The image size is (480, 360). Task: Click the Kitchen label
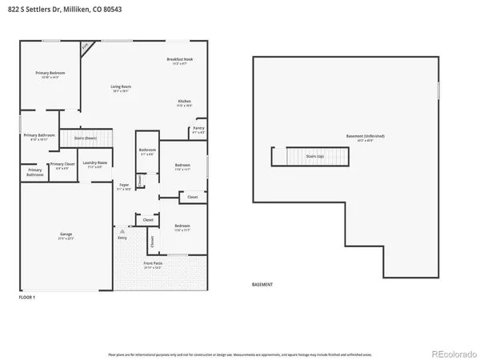coord(184,102)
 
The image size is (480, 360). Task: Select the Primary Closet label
coord(62,165)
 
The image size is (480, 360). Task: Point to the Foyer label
coord(123,187)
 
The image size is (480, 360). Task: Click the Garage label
coord(66,236)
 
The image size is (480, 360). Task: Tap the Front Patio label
coord(153,264)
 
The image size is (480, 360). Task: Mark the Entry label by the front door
coord(122,238)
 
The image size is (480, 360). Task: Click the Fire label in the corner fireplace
coord(85,48)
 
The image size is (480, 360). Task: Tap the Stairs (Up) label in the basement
coord(314,157)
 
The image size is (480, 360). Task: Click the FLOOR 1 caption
coord(27,297)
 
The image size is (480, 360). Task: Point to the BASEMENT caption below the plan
coord(262,285)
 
